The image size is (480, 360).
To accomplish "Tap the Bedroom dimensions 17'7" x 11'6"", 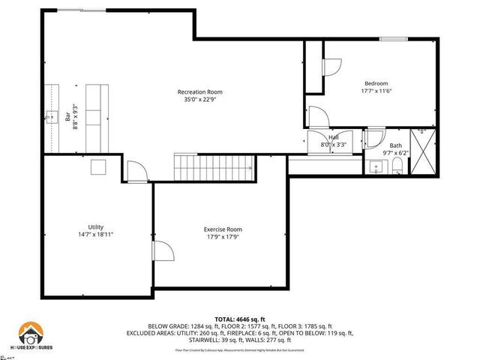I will [378, 91].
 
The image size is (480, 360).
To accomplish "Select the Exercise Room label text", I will [223, 229].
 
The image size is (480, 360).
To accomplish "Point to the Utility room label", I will [95, 226].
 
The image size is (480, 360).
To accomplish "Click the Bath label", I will [395, 145].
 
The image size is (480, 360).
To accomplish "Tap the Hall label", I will [333, 137].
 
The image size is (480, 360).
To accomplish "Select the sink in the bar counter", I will [50, 116].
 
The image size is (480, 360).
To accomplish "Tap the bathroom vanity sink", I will [376, 167].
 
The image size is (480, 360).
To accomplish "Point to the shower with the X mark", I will [422, 151].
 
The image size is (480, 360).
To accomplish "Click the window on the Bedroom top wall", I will [392, 38].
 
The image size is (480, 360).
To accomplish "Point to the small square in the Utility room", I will [98, 167].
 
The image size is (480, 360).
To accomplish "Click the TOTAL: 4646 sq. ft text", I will [240, 319].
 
